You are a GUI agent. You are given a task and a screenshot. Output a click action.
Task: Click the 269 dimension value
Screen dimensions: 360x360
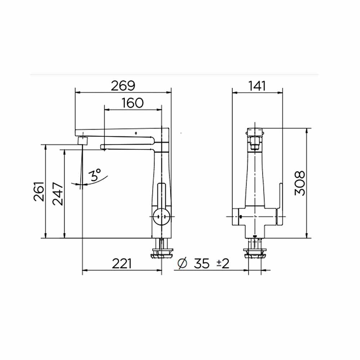[123, 86]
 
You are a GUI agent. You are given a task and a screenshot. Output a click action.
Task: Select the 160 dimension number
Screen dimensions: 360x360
[132, 103]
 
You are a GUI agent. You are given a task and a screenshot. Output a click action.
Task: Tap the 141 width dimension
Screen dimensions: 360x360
[257, 86]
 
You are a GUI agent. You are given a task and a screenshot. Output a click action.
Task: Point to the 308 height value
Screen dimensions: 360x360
[300, 183]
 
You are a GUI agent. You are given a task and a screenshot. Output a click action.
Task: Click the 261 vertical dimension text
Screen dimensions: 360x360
[40, 192]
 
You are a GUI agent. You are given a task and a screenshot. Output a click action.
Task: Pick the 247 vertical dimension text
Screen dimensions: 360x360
[58, 194]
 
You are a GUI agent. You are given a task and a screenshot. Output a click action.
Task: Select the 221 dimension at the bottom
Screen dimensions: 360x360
[122, 264]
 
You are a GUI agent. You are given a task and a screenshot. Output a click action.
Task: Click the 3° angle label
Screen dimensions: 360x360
[95, 175]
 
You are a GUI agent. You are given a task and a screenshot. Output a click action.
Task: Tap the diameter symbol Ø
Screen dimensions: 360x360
[183, 264]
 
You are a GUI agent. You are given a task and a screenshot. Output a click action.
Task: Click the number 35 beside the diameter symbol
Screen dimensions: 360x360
[202, 264]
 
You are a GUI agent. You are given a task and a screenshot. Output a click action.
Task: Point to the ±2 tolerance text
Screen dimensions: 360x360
[223, 264]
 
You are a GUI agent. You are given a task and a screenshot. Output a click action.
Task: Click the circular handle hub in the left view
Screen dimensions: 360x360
[161, 217]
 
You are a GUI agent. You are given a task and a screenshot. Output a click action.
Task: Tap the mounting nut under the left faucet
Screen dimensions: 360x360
[162, 252]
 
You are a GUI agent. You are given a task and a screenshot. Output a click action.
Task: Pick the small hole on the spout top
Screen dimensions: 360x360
[136, 134]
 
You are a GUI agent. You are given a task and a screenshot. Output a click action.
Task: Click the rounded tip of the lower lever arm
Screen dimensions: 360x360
[103, 146]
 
